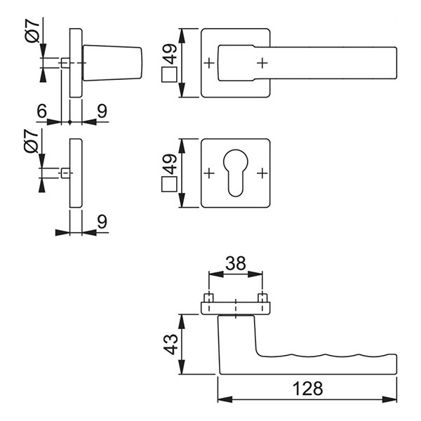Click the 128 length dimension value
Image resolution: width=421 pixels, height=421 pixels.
coord(307,389)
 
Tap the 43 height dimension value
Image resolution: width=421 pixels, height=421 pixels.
coord(171,345)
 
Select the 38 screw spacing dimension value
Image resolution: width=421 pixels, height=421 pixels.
coord(236,263)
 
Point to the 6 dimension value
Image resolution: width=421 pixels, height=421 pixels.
coord(41,111)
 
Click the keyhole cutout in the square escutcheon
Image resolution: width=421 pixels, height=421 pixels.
coord(236,173)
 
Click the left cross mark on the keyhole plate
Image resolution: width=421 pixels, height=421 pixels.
coord(209,173)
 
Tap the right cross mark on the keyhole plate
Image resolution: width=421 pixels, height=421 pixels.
coord(262,173)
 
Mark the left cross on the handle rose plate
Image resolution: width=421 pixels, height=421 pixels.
coord(209,63)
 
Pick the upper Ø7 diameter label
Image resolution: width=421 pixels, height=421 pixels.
coord(33,30)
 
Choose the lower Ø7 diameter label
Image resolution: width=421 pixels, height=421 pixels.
coord(32,141)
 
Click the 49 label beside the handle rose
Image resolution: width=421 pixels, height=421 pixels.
coord(170,54)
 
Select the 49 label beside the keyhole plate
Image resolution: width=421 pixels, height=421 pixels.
coord(170,164)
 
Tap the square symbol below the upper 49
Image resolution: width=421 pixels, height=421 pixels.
coord(169,74)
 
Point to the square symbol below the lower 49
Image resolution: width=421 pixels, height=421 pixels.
coord(169,184)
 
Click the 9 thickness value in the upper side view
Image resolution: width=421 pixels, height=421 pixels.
coord(102,111)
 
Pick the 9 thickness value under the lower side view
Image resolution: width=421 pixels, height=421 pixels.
coord(102,221)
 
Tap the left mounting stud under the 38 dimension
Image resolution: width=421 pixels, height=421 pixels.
coord(209,298)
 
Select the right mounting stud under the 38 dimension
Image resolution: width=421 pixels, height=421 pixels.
coord(262,298)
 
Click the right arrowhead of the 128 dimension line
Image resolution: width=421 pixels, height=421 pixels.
coord(389,399)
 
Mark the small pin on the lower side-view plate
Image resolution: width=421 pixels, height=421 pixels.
coord(65,173)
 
